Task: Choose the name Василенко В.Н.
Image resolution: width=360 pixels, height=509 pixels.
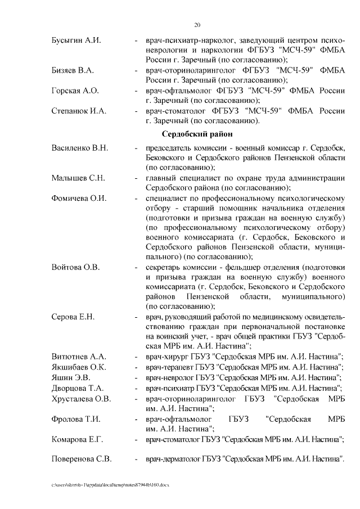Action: tap(79, 148)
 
